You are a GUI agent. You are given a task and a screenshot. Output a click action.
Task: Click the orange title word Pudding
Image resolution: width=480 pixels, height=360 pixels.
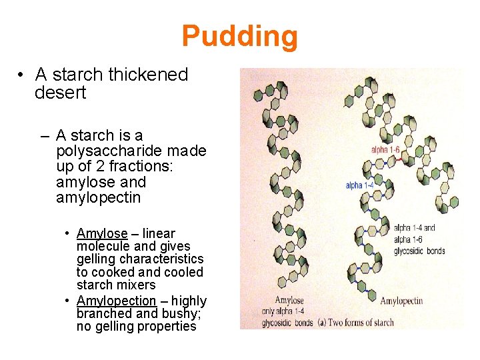pyautogui.click(x=239, y=36)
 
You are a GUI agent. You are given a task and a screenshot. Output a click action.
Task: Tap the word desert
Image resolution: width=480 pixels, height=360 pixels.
pyautogui.click(x=60, y=93)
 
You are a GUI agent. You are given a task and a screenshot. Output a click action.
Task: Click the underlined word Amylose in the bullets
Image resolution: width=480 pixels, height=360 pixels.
pyautogui.click(x=102, y=233)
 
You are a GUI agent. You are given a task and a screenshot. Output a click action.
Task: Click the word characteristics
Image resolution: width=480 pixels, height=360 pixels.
pyautogui.click(x=167, y=259)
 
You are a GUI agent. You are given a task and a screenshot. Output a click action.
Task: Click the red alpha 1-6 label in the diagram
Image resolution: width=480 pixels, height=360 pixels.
pyautogui.click(x=385, y=150)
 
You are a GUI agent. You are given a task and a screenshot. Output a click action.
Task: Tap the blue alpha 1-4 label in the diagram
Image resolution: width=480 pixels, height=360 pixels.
pyautogui.click(x=359, y=185)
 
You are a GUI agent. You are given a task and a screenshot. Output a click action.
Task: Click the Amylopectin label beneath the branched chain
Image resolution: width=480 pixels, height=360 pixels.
pyautogui.click(x=401, y=301)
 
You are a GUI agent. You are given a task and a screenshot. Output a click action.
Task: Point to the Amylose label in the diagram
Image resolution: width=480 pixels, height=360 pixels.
pyautogui.click(x=289, y=300)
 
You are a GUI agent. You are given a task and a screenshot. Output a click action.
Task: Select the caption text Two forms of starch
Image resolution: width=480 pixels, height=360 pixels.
pyautogui.click(x=363, y=323)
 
